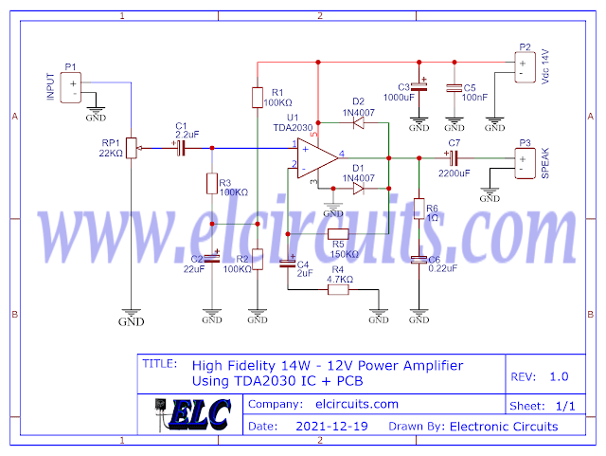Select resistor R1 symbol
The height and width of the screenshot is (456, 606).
tap(257, 97)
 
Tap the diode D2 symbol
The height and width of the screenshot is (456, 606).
tap(357, 121)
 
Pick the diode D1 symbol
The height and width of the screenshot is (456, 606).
tap(357, 188)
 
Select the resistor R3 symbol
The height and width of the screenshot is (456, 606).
tap(211, 183)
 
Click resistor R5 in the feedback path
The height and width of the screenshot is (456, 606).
tap(338, 235)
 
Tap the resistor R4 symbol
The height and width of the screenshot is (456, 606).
tap(338, 289)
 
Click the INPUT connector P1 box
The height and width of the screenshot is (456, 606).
tap(73, 88)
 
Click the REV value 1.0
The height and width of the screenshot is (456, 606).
tap(559, 376)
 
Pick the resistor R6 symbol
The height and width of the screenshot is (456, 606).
tap(419, 210)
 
